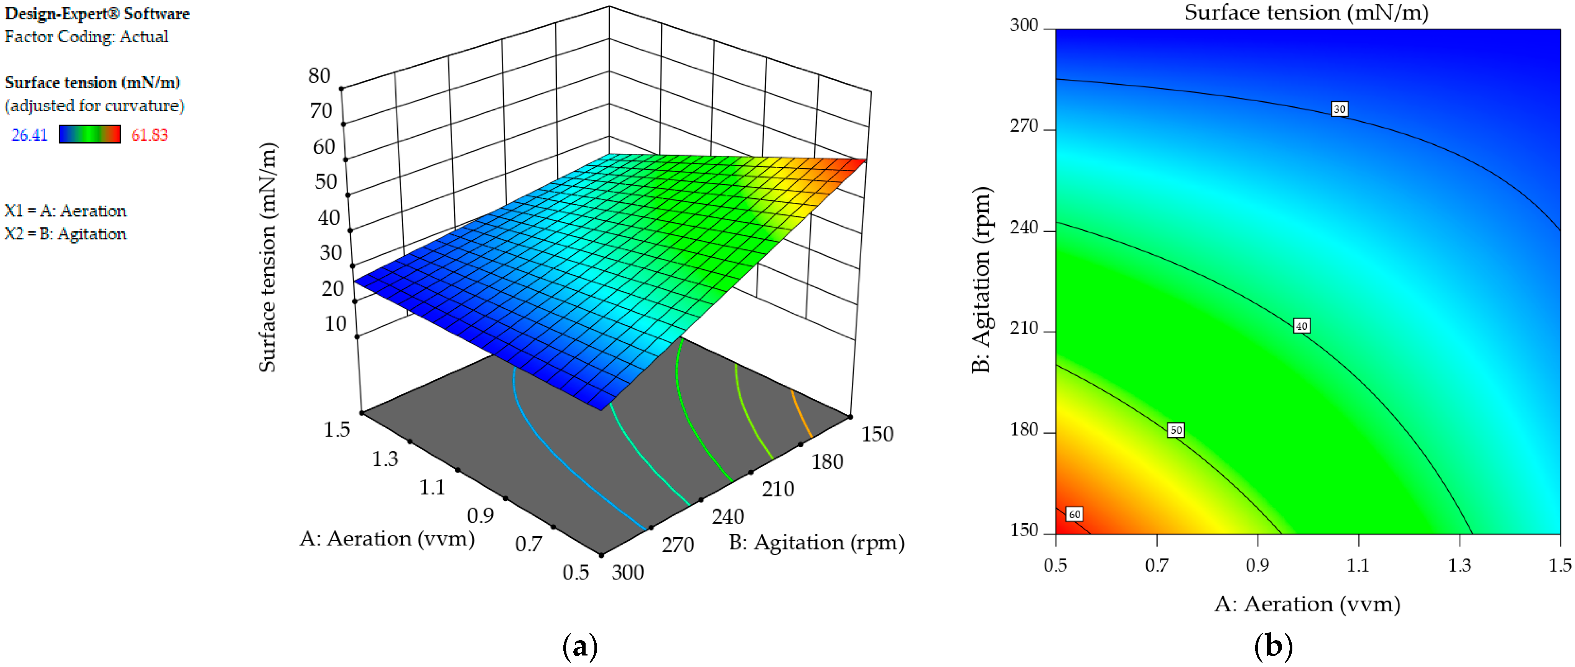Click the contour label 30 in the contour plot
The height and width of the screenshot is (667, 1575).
[x=1339, y=109]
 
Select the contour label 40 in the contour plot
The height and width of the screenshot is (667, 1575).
[x=1302, y=326]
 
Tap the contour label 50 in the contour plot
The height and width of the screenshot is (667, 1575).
[x=1175, y=430]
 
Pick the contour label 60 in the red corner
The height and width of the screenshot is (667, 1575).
[x=1074, y=515]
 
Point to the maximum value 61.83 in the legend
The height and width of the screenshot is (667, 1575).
[x=149, y=135]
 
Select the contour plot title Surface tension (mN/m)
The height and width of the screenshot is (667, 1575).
[x=1306, y=13]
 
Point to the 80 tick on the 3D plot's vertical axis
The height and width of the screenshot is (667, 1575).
[x=319, y=76]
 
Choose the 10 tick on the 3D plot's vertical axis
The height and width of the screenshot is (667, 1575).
[x=336, y=324]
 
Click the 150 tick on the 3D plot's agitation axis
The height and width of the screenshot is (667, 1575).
[x=877, y=435]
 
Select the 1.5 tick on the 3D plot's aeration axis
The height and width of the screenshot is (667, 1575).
[x=337, y=430]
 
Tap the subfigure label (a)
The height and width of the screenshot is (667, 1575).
[x=579, y=647]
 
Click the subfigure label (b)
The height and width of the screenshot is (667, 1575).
[x=1273, y=647]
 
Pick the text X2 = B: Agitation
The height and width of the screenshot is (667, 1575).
[x=66, y=234]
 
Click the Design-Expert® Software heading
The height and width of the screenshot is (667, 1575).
[x=97, y=13]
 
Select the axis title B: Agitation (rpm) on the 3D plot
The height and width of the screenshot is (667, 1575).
[x=816, y=543]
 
